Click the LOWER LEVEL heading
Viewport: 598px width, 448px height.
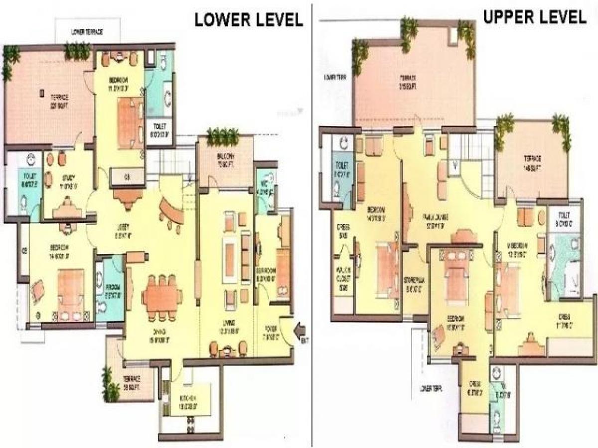click(x=249, y=19)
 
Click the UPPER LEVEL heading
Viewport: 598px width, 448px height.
click(x=535, y=17)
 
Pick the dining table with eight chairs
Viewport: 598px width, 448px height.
click(x=161, y=298)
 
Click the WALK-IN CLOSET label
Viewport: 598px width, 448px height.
click(x=343, y=276)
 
